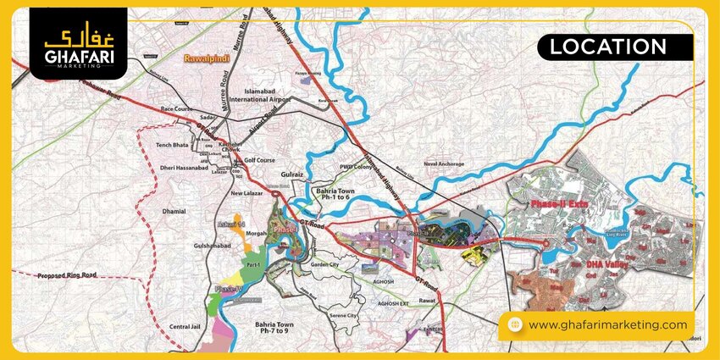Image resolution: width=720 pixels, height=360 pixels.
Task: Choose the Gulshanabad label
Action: coord(186,243)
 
